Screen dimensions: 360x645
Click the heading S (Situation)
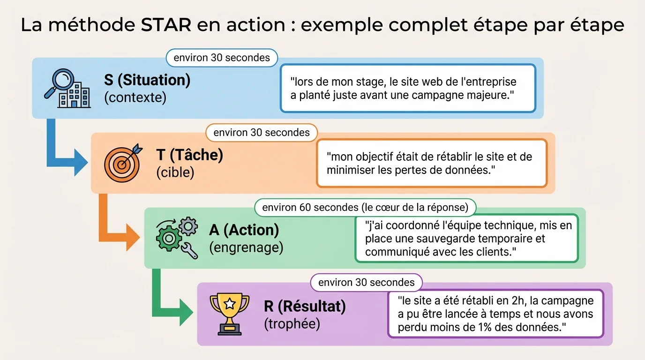(x=147, y=80)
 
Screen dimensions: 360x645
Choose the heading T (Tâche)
(x=189, y=155)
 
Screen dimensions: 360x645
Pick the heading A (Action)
(x=244, y=230)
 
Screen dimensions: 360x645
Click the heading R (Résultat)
(x=305, y=307)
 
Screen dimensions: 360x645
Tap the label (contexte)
(x=135, y=98)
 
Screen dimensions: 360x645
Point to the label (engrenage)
(x=246, y=247)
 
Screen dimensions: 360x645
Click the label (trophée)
(x=292, y=324)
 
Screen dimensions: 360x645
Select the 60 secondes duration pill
(x=365, y=207)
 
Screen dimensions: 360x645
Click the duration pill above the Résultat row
(x=366, y=283)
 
